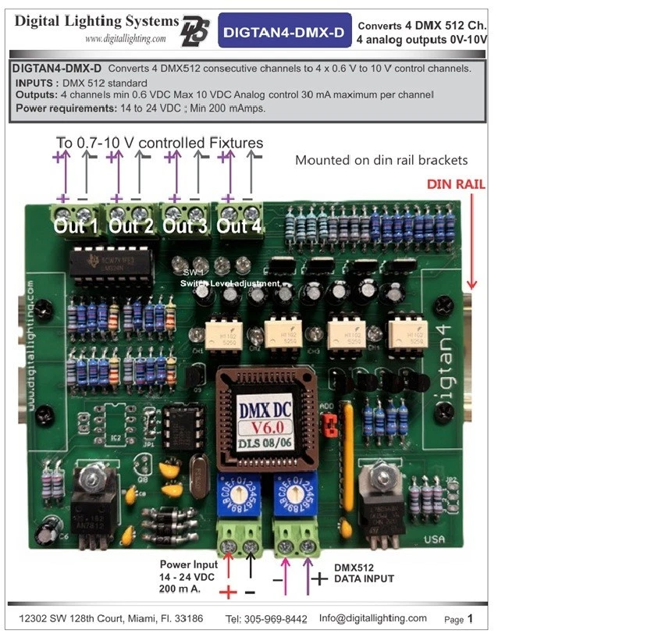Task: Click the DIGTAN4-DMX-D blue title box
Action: coord(284,32)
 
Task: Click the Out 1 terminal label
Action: coord(76,226)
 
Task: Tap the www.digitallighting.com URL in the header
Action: coord(125,38)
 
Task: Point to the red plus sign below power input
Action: coord(228,592)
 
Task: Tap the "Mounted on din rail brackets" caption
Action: coord(381,160)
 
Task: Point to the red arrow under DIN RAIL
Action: coord(470,242)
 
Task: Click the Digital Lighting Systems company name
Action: coord(96,21)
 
